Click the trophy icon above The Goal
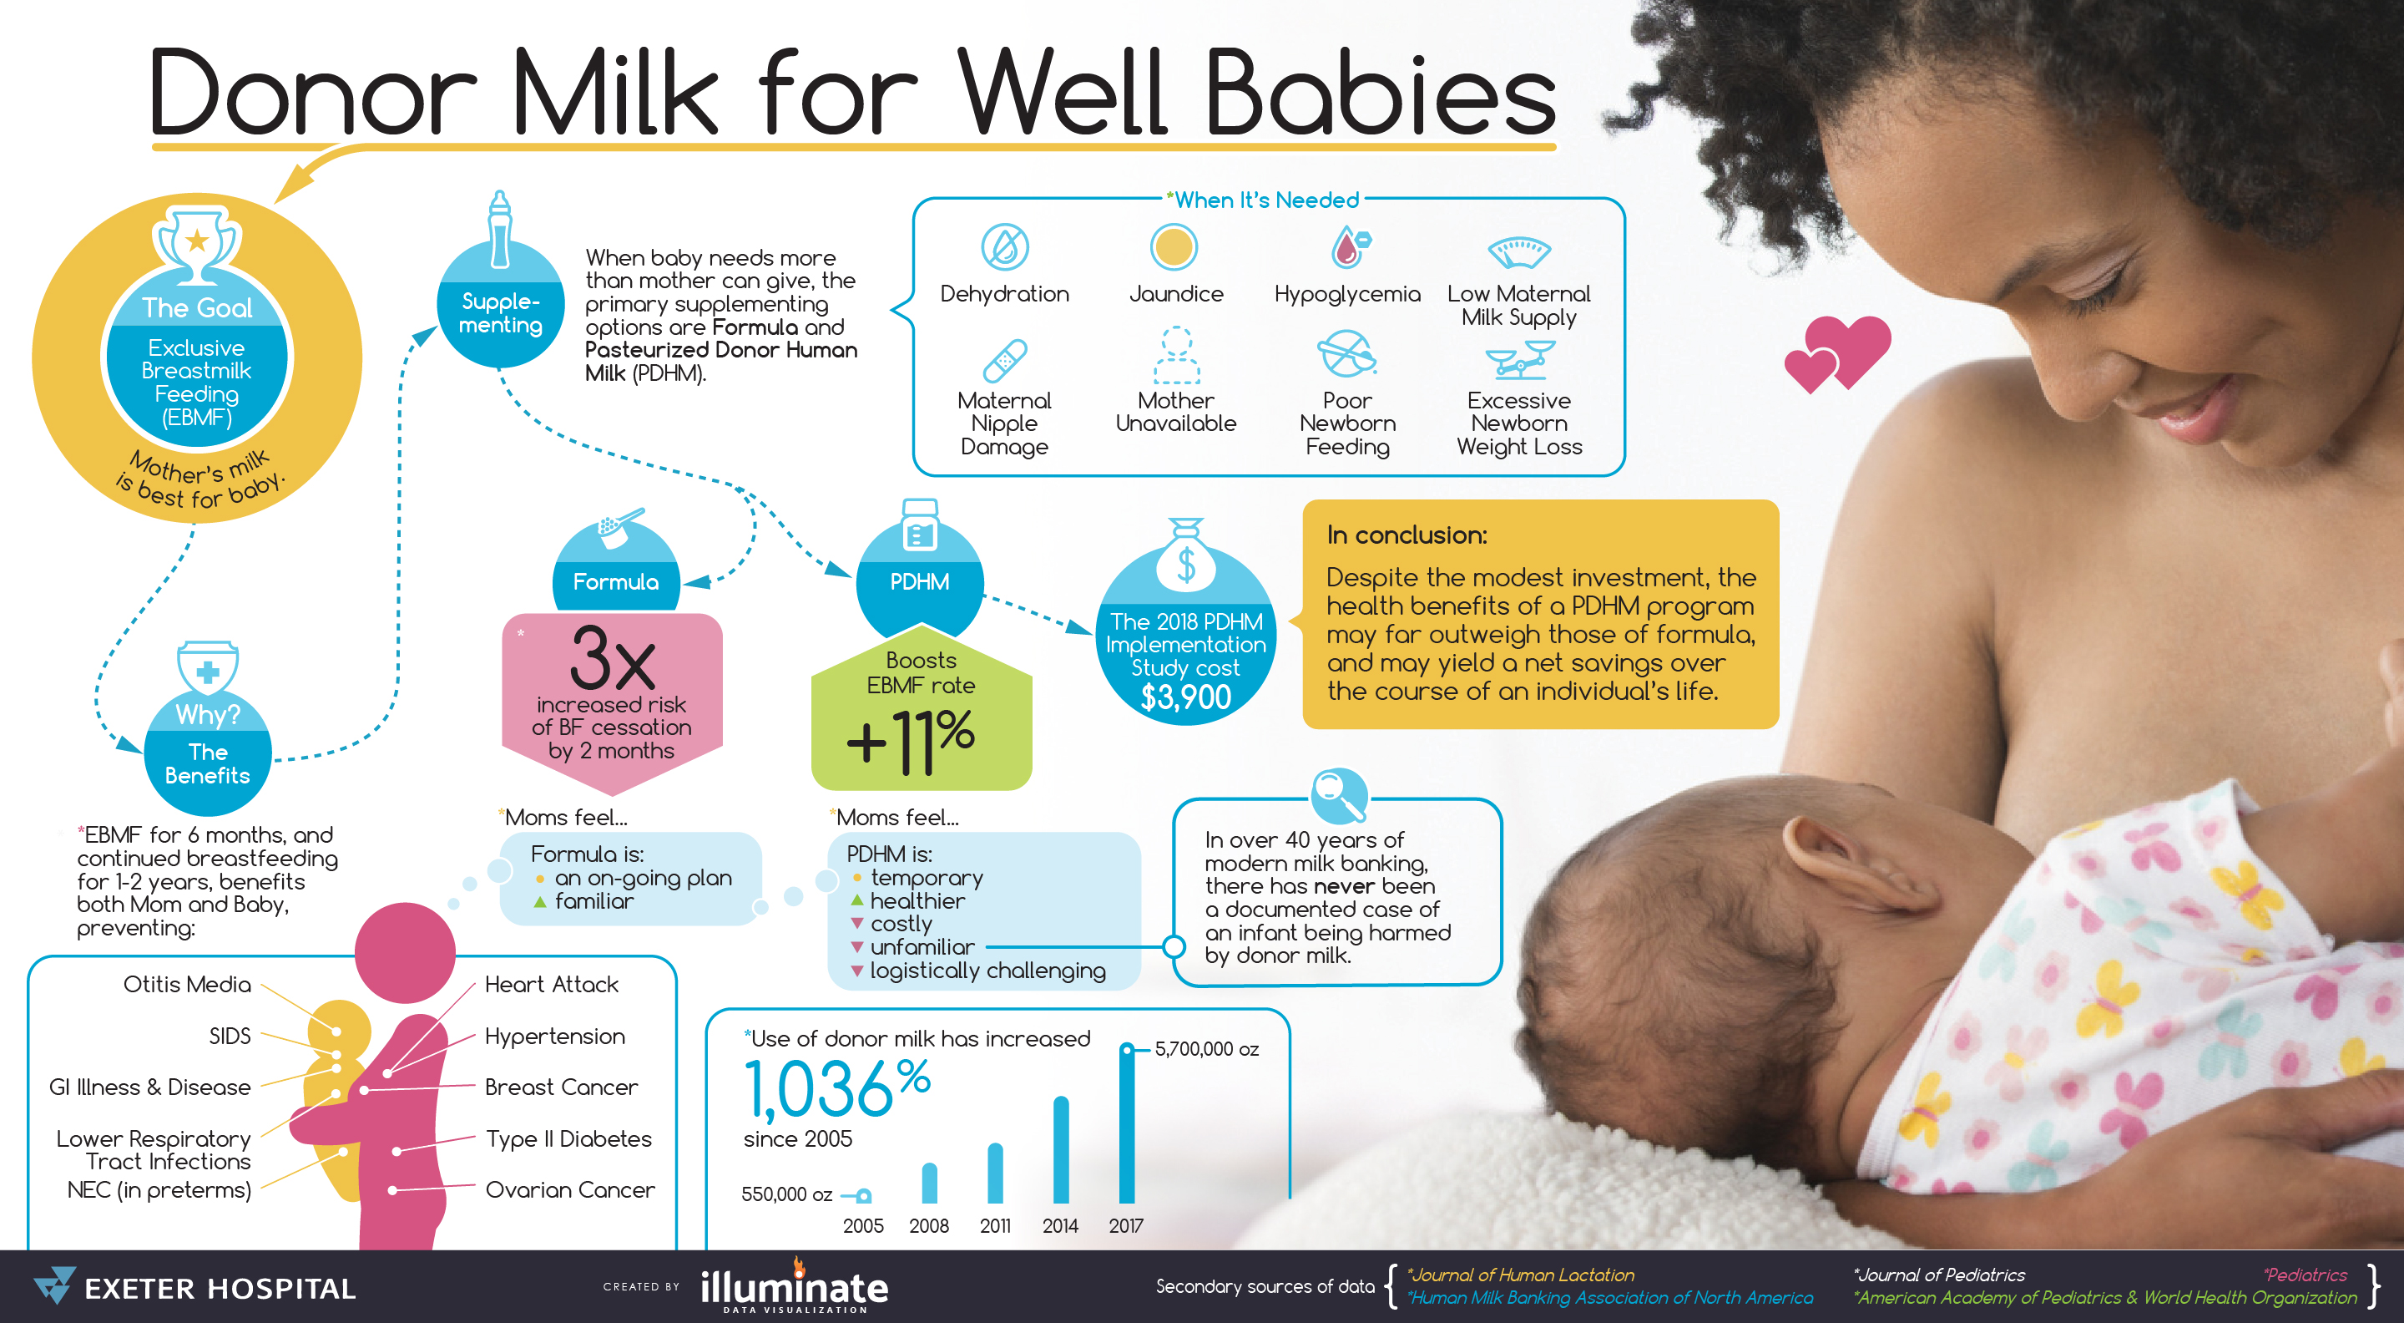(x=197, y=245)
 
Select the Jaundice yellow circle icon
(x=1174, y=247)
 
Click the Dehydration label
(x=1004, y=294)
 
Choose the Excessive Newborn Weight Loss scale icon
(x=1519, y=359)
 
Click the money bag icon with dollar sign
(x=1186, y=555)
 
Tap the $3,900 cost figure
(x=1186, y=697)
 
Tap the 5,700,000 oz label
(x=1207, y=1049)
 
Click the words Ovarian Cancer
(x=570, y=1190)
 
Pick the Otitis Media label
(x=187, y=985)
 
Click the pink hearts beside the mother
(x=1836, y=354)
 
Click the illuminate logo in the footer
(x=794, y=1286)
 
